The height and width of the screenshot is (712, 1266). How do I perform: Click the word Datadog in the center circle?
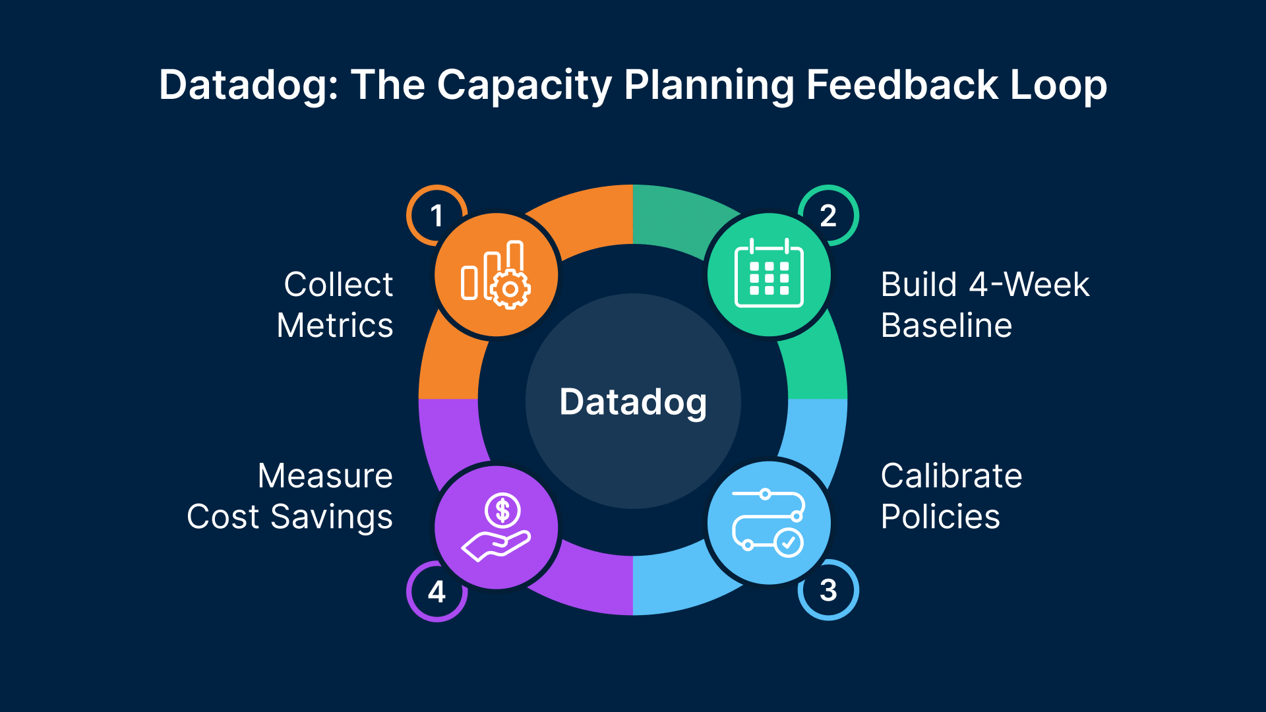pyautogui.click(x=633, y=402)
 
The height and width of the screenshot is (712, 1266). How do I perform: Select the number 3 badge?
pyautogui.click(x=828, y=590)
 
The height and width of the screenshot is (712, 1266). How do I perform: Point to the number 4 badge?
pyautogui.click(x=437, y=591)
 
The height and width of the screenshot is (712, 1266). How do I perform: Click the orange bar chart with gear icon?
pyautogui.click(x=496, y=275)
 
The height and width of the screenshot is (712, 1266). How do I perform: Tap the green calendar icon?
pyautogui.click(x=769, y=275)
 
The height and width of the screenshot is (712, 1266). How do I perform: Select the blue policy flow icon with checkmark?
pyautogui.click(x=769, y=523)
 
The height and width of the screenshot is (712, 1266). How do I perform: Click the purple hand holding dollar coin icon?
pyautogui.click(x=496, y=527)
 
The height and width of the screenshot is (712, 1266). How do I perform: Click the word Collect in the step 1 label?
pyautogui.click(x=338, y=285)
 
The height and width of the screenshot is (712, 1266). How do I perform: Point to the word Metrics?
pyautogui.click(x=335, y=326)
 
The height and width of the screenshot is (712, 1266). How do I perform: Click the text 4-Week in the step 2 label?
pyautogui.click(x=1029, y=285)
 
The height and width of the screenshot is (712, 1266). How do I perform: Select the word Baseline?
pyautogui.click(x=946, y=326)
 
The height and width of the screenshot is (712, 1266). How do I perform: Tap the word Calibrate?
pyautogui.click(x=951, y=476)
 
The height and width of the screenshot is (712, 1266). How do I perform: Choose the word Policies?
pyautogui.click(x=940, y=517)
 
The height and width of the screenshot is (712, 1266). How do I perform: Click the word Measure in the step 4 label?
pyautogui.click(x=325, y=476)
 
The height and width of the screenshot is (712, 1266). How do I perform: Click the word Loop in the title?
pyautogui.click(x=1058, y=86)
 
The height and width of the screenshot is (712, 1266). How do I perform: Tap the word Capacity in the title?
pyautogui.click(x=524, y=86)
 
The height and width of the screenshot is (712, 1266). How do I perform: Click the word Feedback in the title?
pyautogui.click(x=902, y=86)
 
